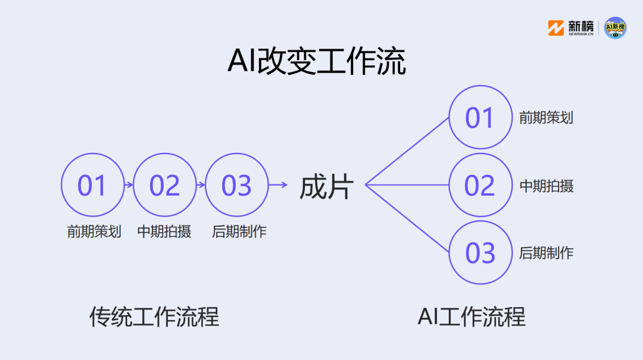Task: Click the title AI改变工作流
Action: [x=317, y=61]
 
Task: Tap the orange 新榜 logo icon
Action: [x=555, y=28]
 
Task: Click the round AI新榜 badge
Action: [x=615, y=28]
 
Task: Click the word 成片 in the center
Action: [x=326, y=187]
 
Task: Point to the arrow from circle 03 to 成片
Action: [x=278, y=185]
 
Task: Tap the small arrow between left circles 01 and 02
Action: [x=129, y=185]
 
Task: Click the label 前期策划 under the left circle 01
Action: [x=94, y=231]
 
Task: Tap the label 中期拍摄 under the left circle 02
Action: [x=164, y=231]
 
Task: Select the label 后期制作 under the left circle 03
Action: [x=239, y=231]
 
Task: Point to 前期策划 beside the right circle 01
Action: [x=546, y=118]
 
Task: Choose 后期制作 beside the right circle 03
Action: [x=546, y=253]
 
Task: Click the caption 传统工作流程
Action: [x=154, y=317]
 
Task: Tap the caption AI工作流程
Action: [x=471, y=317]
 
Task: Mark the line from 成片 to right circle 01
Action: [x=407, y=152]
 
